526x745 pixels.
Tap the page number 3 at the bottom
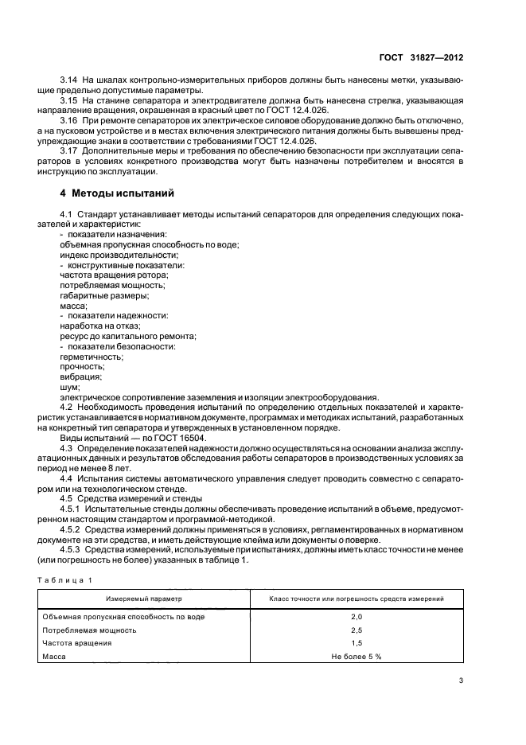click(461, 680)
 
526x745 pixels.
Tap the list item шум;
click(70, 388)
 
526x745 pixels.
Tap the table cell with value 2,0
click(357, 617)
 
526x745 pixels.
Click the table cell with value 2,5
click(357, 630)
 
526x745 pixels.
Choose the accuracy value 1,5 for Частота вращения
click(357, 642)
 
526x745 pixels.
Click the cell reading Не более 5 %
click(357, 655)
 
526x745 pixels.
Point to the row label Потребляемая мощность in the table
click(89, 630)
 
